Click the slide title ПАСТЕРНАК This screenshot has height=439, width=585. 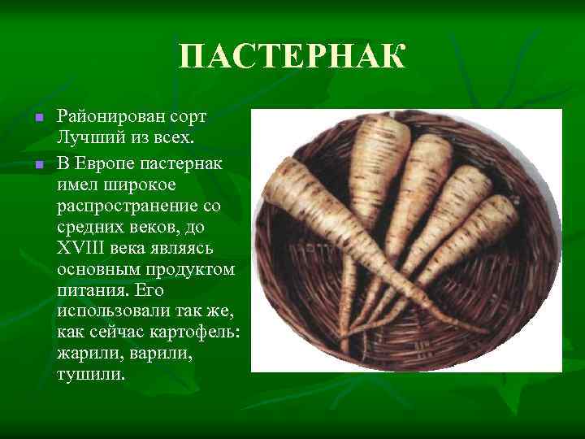[x=292, y=58]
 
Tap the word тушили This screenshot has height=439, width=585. [x=92, y=376]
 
